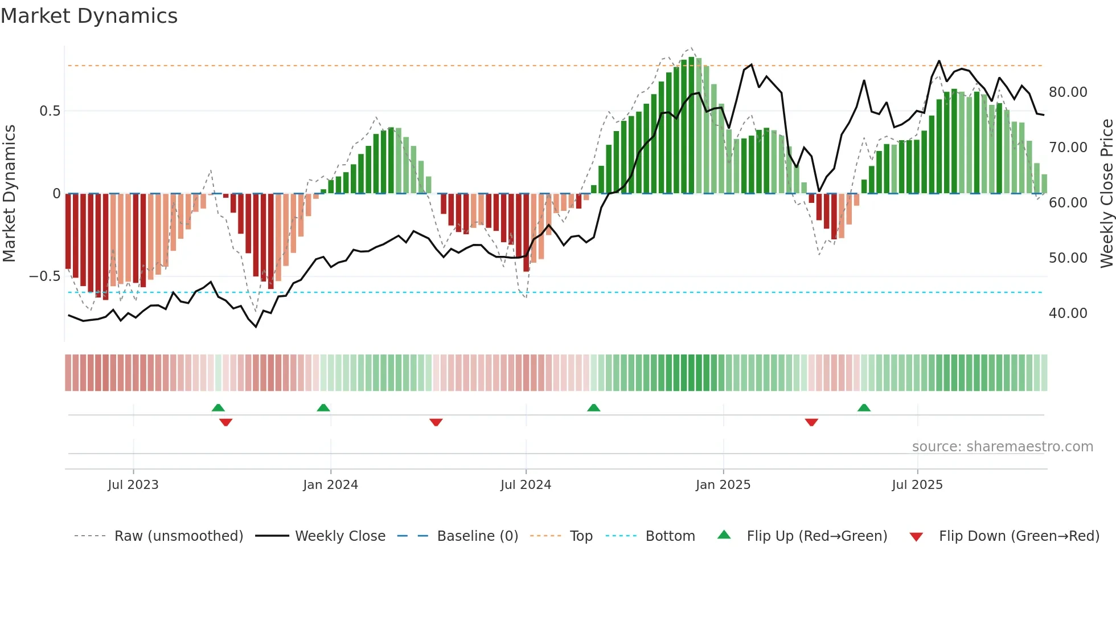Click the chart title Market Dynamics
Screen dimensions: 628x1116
pyautogui.click(x=89, y=16)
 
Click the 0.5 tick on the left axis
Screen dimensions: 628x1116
pyautogui.click(x=50, y=111)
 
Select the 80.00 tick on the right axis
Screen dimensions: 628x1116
pyautogui.click(x=1068, y=92)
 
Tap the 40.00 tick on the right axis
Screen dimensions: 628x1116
pyautogui.click(x=1068, y=313)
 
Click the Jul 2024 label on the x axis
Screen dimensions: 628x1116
pyautogui.click(x=526, y=485)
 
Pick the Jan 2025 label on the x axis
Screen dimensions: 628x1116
pyautogui.click(x=723, y=485)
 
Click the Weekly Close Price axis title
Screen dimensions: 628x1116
pyautogui.click(x=1106, y=194)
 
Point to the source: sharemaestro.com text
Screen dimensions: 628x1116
pyautogui.click(x=1002, y=447)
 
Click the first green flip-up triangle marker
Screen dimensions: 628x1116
pyautogui.click(x=218, y=407)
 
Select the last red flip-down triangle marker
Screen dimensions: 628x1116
pyautogui.click(x=811, y=422)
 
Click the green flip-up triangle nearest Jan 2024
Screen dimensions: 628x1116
pyautogui.click(x=323, y=407)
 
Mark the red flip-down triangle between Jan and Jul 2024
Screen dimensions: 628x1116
pyautogui.click(x=436, y=422)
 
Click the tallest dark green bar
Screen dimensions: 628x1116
pyautogui.click(x=691, y=125)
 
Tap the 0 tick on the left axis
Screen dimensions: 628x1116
pyautogui.click(x=56, y=194)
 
